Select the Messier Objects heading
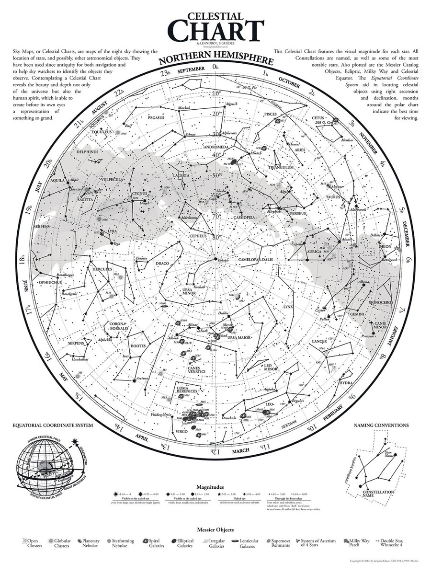tap(215, 530)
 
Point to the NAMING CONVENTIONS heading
tap(381, 425)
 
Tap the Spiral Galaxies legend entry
tap(153, 543)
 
